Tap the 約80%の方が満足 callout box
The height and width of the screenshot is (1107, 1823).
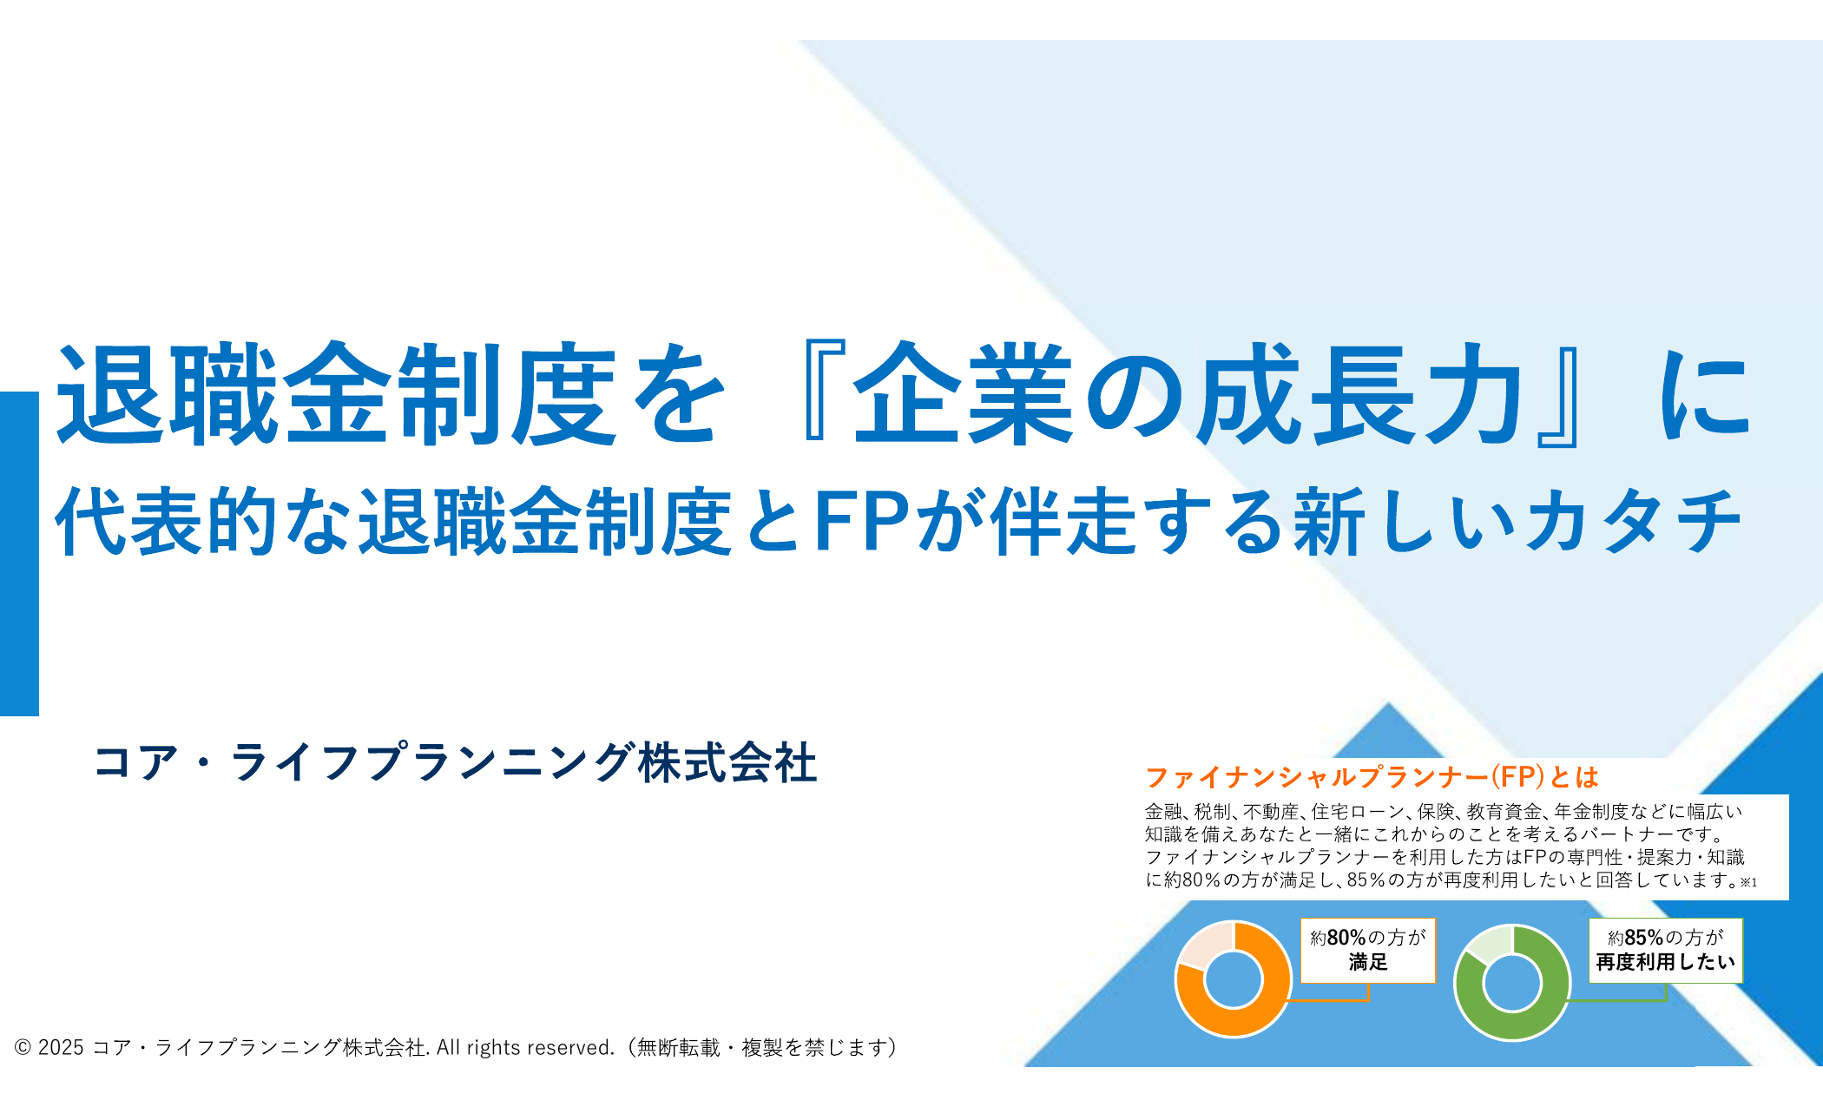coord(1368,950)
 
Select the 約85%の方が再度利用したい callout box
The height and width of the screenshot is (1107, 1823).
coord(1666,950)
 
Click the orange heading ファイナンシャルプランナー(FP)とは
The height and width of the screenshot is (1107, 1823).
coord(1372,776)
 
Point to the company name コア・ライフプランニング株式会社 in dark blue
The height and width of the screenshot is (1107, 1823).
coord(456,762)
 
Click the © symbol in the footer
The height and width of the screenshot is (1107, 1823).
coord(23,1048)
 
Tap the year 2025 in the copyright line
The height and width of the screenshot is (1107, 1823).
coord(61,1048)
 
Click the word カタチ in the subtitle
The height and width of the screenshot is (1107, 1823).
coord(1632,521)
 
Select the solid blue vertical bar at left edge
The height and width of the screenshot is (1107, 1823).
coord(19,554)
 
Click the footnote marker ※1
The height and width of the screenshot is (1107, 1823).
coord(1748,883)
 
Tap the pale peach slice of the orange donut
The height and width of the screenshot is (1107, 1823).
coord(1205,943)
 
